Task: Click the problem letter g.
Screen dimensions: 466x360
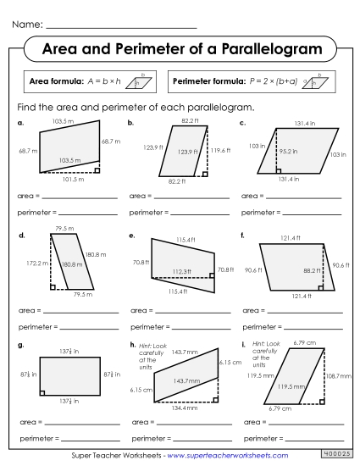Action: pos(19,345)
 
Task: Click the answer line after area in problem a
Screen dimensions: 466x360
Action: pos(77,197)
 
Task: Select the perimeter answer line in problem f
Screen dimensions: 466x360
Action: pos(314,325)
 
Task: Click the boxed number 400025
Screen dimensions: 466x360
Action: pos(338,455)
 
